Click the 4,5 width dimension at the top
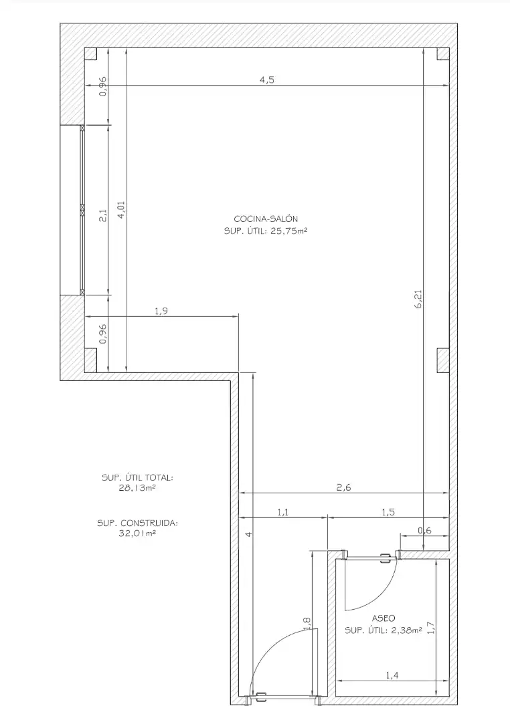(267, 80)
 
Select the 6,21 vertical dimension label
(419, 298)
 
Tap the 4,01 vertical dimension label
(121, 209)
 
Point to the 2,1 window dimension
(103, 215)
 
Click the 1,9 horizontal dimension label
(161, 312)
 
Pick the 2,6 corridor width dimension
(343, 487)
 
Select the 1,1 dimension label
(283, 512)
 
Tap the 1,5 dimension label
(388, 512)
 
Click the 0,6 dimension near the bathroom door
(425, 530)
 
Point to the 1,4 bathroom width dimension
(392, 675)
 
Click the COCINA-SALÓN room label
(266, 219)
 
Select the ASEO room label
(384, 618)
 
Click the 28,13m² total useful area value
(137, 488)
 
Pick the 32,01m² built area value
(137, 533)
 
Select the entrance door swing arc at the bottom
(268, 648)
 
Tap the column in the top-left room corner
(90, 54)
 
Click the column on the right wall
(443, 360)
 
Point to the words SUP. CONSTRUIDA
(137, 523)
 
